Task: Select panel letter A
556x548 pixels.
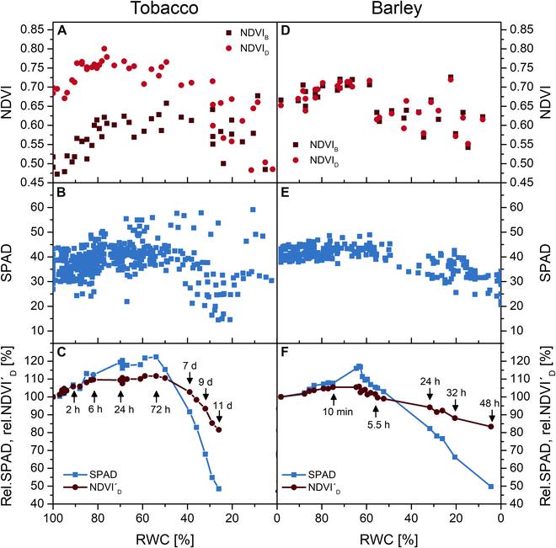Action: [61, 30]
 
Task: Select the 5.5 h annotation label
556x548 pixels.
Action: [377, 423]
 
